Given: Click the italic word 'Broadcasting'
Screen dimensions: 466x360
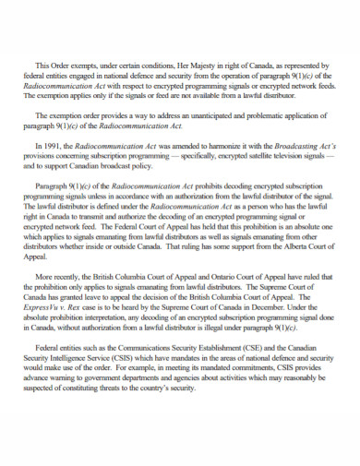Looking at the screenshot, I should click(x=302, y=146).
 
